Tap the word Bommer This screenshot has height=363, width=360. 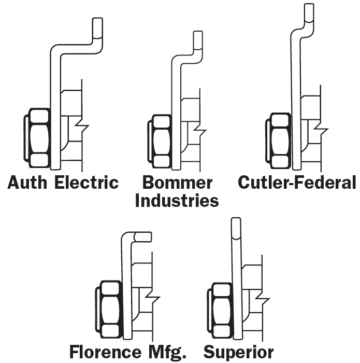(x=177, y=183)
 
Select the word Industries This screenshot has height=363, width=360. (x=177, y=200)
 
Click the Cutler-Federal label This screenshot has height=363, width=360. (x=297, y=183)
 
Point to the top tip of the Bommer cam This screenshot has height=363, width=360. (x=198, y=36)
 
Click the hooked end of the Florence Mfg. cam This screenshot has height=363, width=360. (x=145, y=236)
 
